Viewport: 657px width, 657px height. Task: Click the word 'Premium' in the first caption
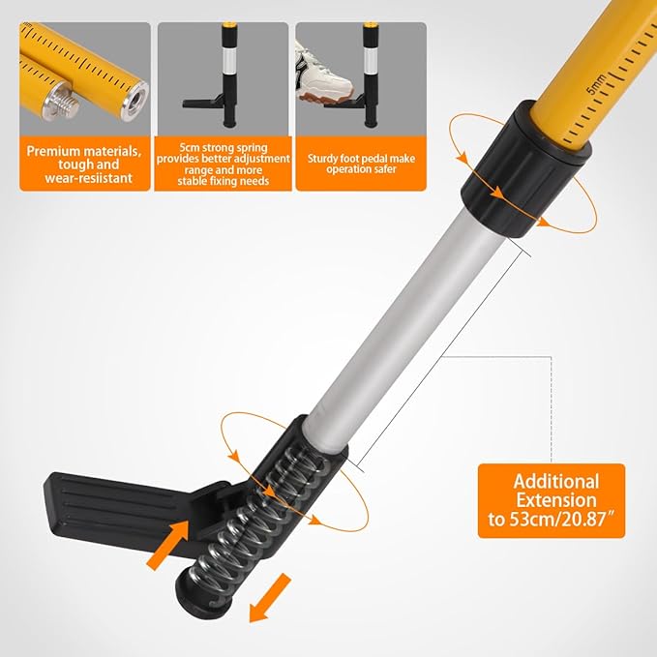click(53, 151)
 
